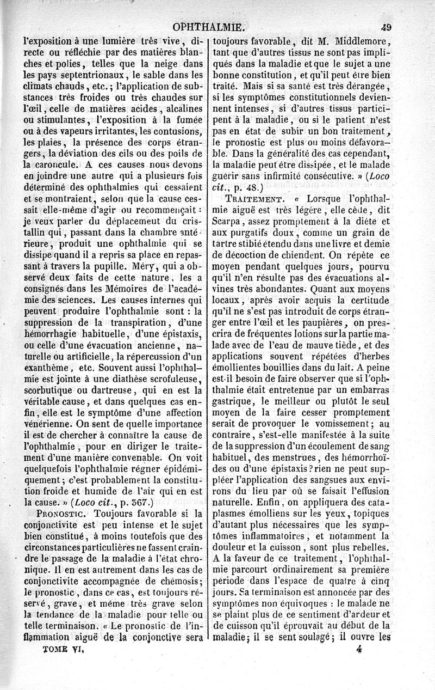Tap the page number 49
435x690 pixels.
click(x=387, y=26)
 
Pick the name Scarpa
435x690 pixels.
click(x=227, y=222)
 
